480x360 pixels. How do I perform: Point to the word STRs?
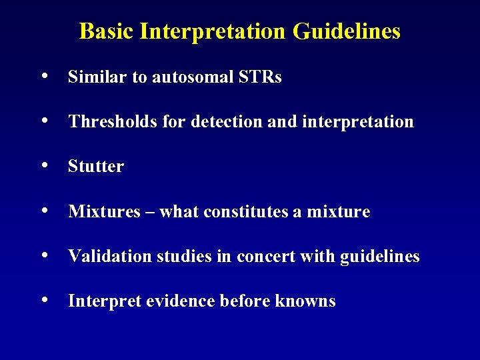tap(259, 77)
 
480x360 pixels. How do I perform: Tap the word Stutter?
tap(96, 167)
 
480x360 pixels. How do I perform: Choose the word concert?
tap(274, 257)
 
